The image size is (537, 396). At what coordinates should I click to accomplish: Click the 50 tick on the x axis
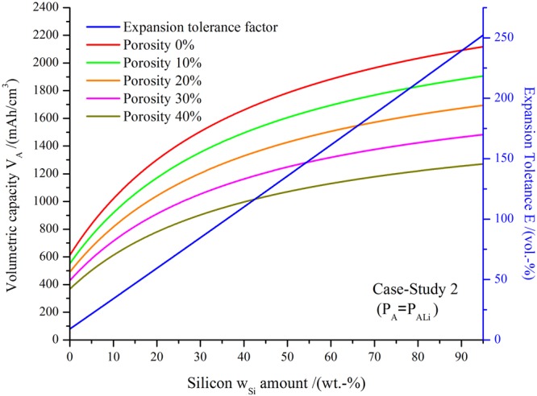[x=287, y=354]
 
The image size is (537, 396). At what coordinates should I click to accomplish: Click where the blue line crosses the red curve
[x=462, y=51]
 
